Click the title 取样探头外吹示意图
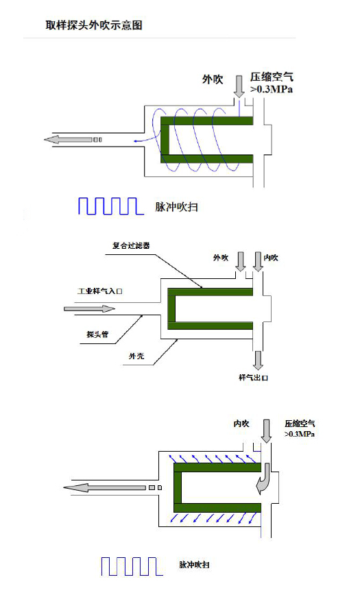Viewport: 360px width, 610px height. pyautogui.click(x=94, y=25)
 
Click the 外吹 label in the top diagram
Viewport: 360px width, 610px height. pyautogui.click(x=213, y=80)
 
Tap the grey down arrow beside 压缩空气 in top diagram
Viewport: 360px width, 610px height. pyautogui.click(x=239, y=86)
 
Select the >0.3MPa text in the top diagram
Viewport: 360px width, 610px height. pyautogui.click(x=272, y=90)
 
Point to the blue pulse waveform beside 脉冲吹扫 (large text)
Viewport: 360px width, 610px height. pyautogui.click(x=111, y=206)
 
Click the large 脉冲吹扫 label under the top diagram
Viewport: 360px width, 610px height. pyautogui.click(x=177, y=206)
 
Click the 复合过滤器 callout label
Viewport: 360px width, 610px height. pyautogui.click(x=131, y=246)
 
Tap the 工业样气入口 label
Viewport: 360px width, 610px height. pyautogui.click(x=100, y=291)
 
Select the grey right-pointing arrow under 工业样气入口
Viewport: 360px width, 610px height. pyautogui.click(x=90, y=309)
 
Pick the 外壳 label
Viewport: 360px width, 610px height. pyautogui.click(x=136, y=356)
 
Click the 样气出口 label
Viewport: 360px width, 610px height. pyautogui.click(x=253, y=378)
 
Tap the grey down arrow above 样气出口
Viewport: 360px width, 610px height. pyautogui.click(x=258, y=361)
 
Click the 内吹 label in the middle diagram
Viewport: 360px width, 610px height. pyautogui.click(x=271, y=258)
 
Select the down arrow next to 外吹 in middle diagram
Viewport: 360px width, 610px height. pyautogui.click(x=241, y=261)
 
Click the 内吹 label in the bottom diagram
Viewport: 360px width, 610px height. pyautogui.click(x=241, y=424)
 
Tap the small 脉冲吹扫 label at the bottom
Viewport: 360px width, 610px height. pyautogui.click(x=194, y=565)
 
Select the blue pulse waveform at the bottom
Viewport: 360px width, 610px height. pyautogui.click(x=132, y=566)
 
